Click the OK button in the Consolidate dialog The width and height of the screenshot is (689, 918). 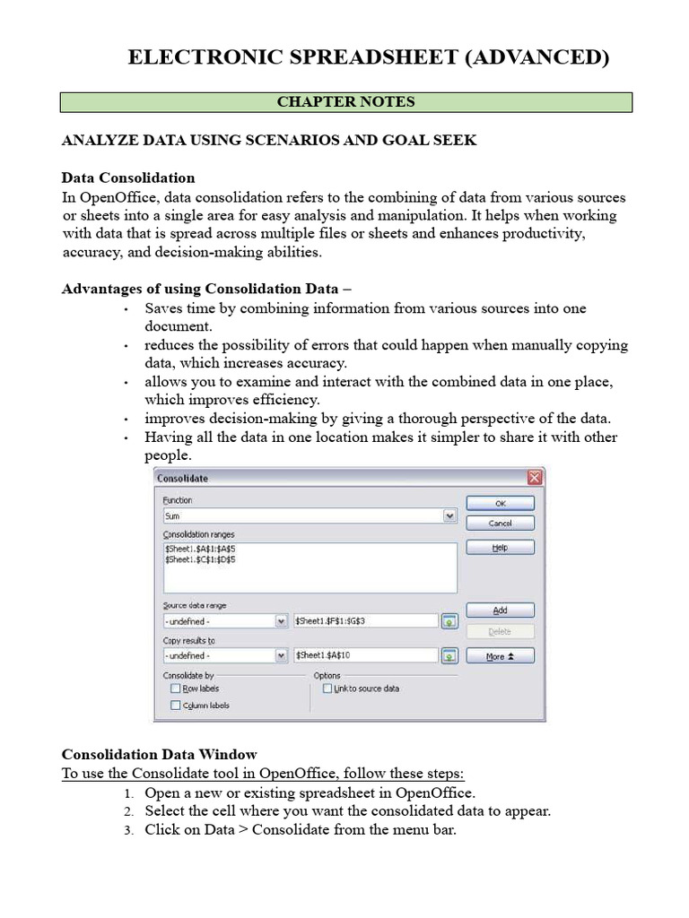point(500,504)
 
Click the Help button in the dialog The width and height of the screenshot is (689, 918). point(500,547)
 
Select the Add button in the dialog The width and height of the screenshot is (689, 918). point(500,610)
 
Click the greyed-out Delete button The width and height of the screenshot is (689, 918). point(500,631)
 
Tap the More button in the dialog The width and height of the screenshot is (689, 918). point(500,656)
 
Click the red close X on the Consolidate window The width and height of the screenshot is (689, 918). point(535,478)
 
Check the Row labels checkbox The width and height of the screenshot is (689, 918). point(175,688)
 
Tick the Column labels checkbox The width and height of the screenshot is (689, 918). point(175,706)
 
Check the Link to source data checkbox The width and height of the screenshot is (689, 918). point(327,688)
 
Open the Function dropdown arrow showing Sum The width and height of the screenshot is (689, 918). point(449,516)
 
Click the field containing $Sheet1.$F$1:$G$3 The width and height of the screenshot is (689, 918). point(365,620)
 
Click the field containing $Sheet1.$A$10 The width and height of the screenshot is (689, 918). point(365,656)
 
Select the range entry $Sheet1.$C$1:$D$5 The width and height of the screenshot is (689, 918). point(201,559)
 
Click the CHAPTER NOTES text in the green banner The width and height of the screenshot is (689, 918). point(345,101)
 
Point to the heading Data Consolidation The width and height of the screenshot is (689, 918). point(127,178)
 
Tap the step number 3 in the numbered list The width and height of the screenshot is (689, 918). point(127,830)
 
